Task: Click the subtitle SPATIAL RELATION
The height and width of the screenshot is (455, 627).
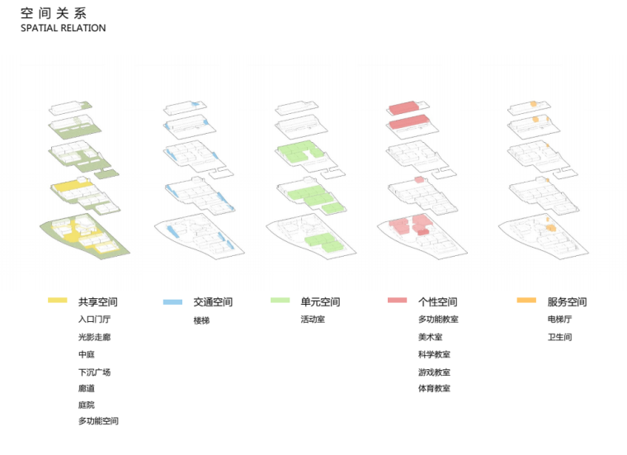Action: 64,28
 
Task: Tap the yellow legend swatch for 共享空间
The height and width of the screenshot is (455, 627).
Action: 57,301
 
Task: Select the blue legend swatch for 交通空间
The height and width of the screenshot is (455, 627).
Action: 172,301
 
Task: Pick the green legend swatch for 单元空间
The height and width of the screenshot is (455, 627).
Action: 280,301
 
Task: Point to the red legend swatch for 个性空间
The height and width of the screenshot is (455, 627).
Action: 397,301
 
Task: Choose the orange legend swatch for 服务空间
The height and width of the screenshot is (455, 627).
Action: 527,301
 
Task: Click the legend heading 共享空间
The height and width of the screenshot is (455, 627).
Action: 98,302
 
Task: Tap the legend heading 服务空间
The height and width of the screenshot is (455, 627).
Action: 567,302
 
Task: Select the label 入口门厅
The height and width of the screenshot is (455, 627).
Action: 94,320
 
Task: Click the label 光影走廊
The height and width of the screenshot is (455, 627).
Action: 94,337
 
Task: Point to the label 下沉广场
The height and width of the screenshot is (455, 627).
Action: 94,372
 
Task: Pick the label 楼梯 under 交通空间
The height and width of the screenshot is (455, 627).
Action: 201,320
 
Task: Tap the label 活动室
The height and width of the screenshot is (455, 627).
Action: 313,320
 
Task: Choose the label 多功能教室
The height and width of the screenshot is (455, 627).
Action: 438,320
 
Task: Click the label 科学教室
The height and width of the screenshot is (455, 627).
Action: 434,354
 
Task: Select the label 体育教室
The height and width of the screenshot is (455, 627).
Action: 434,388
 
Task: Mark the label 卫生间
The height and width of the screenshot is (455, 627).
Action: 559,337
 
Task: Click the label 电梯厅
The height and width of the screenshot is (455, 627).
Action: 559,320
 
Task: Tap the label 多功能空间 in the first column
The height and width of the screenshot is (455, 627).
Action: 98,421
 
